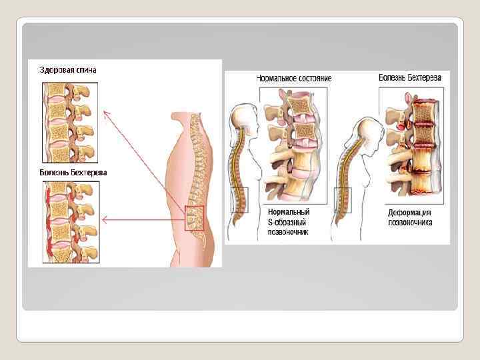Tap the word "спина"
click(91, 70)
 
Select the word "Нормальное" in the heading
click(277, 78)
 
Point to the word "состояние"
click(315, 78)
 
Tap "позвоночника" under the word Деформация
click(410, 222)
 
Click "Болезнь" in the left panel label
click(57, 173)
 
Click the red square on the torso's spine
click(194, 218)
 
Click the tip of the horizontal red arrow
click(103, 219)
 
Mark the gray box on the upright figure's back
click(239, 199)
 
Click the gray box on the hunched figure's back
click(343, 199)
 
